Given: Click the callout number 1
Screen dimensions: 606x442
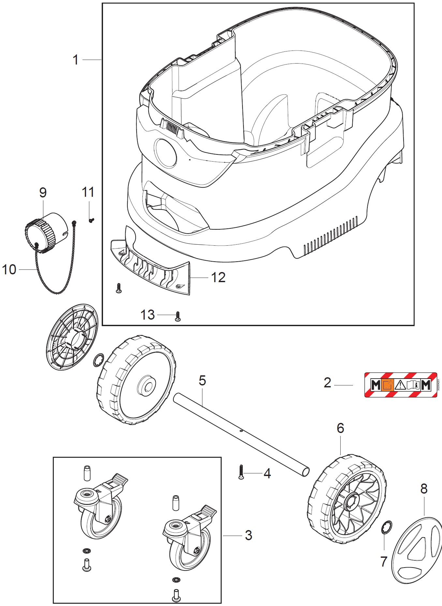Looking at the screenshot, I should tap(76, 60).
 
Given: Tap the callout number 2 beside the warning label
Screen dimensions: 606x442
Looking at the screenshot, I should tap(327, 382).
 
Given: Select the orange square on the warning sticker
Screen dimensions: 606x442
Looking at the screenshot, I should tap(387, 385).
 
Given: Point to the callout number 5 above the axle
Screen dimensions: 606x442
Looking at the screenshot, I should tap(202, 381).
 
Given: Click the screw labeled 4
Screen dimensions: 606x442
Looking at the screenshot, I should tap(241, 472).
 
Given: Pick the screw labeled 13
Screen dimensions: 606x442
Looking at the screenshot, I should tap(178, 316).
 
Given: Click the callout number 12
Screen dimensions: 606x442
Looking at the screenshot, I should tap(218, 278).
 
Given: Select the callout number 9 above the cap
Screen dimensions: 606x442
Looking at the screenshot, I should tap(43, 193).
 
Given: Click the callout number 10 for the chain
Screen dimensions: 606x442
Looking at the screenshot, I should tap(9, 270).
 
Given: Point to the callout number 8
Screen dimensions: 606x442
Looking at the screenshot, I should tap(424, 489).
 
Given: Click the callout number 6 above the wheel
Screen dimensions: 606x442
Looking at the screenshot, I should tap(340, 428).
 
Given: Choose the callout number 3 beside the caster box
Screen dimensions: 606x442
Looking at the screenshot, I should tap(248, 535).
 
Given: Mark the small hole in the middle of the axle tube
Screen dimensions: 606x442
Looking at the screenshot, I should tap(241, 431).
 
